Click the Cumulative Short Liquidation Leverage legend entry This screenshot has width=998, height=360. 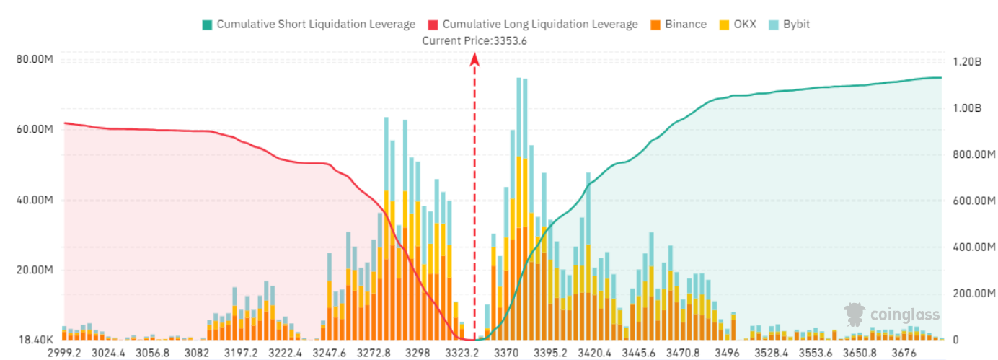309,24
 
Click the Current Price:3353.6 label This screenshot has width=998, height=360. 474,41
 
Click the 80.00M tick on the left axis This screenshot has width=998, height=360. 34,59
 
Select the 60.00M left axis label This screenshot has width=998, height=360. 34,130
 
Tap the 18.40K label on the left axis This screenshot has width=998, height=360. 34,339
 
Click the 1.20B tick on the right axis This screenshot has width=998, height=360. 966,62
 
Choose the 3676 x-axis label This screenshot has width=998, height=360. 904,353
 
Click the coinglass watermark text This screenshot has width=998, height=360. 905,315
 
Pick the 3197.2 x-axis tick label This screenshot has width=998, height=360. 241,353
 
